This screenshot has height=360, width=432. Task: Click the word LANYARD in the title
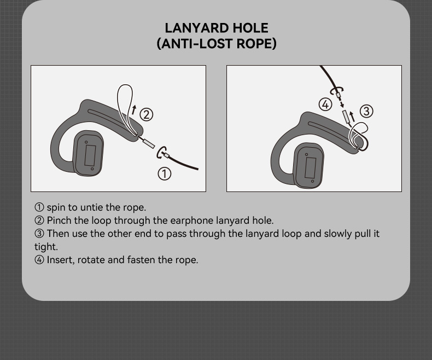197,28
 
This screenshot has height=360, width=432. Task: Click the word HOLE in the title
250,28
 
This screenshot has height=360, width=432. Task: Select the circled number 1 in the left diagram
165,173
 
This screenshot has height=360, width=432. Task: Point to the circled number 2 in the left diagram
147,114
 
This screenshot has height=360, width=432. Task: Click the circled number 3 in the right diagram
366,111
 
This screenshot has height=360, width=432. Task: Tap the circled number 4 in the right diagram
325,104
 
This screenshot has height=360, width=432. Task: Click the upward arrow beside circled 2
134,109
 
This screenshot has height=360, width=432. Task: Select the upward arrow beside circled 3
352,116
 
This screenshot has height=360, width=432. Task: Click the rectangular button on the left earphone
90,155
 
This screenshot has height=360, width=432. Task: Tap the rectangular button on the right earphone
311,167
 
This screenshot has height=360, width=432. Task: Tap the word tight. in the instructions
46,246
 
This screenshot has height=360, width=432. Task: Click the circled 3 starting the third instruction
39,234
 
